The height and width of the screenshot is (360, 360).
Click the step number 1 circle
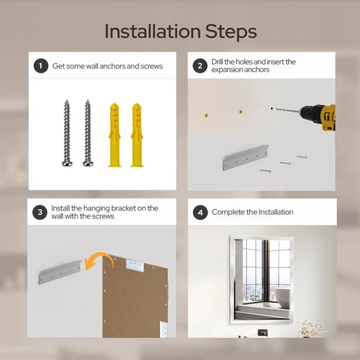point(41,66)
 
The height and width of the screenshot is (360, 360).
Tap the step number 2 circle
point(200,66)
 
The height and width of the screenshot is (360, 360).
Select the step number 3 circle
point(40,212)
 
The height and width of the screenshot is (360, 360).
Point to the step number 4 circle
point(200,213)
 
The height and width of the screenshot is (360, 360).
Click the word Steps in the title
point(231,32)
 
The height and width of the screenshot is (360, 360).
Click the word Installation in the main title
point(152,32)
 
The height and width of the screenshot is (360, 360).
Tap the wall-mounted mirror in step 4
point(262,280)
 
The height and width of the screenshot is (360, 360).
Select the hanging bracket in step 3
point(60,272)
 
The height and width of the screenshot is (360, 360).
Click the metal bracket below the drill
point(246,157)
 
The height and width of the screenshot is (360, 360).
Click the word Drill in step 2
point(217,62)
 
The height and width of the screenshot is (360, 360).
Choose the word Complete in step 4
point(228,212)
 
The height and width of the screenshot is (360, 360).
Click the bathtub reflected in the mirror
point(282,296)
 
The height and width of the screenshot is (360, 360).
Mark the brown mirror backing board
point(135,297)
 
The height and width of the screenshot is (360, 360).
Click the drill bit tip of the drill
point(277,109)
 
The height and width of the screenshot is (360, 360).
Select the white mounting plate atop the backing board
point(135,265)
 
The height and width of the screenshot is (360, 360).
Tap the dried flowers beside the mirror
point(311,328)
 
